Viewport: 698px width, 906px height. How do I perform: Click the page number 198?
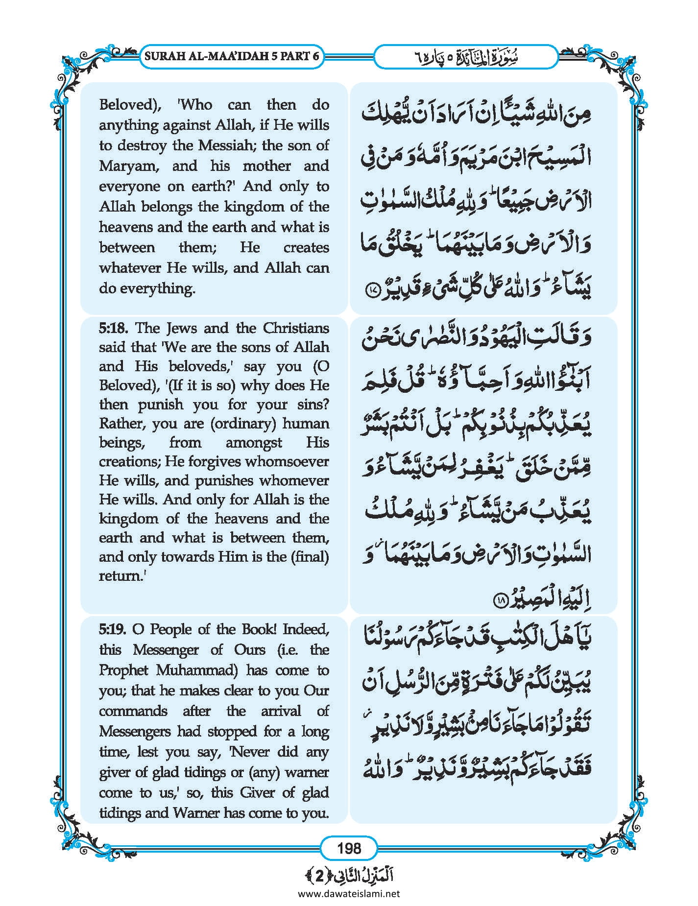349,848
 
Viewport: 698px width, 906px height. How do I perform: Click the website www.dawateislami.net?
349,893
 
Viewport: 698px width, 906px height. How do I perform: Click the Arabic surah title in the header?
466,57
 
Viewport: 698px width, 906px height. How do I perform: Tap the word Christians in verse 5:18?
296,328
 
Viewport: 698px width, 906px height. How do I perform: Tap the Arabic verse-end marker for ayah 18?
501,600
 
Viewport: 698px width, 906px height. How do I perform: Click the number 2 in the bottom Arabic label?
319,876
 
